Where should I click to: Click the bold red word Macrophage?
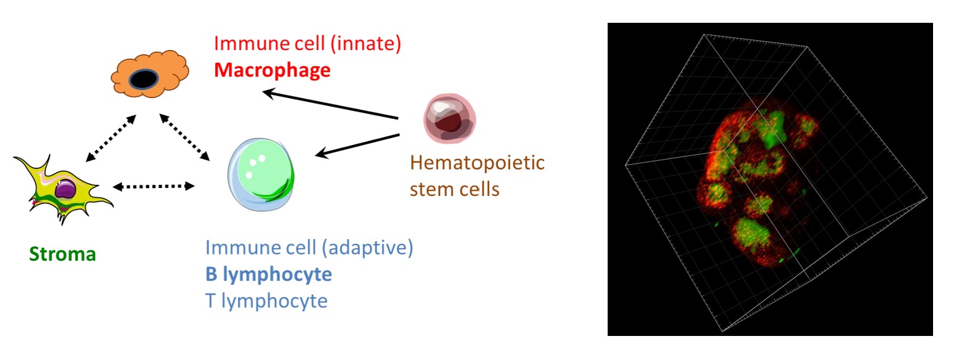pyautogui.click(x=272, y=70)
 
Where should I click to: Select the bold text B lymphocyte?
pyautogui.click(x=268, y=274)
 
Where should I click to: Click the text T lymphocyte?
pyautogui.click(x=266, y=301)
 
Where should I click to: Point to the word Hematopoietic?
pyautogui.click(x=477, y=163)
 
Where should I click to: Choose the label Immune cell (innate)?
pyautogui.click(x=308, y=44)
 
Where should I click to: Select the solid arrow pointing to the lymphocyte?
pyautogui.click(x=357, y=146)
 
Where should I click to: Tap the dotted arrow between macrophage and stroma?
pyautogui.click(x=111, y=138)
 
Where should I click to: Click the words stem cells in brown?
pyautogui.click(x=454, y=189)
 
